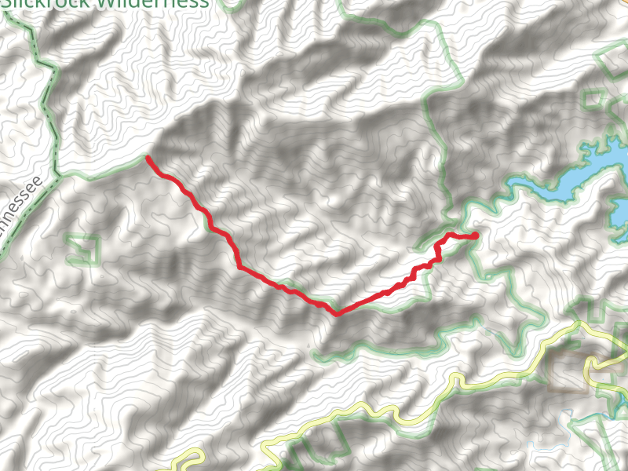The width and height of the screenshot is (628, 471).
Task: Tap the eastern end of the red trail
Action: click(475, 235)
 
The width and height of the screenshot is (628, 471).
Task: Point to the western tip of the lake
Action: click(509, 188)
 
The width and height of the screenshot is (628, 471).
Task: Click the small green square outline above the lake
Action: click(594, 100)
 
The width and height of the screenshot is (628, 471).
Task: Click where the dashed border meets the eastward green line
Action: click(57, 174)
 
